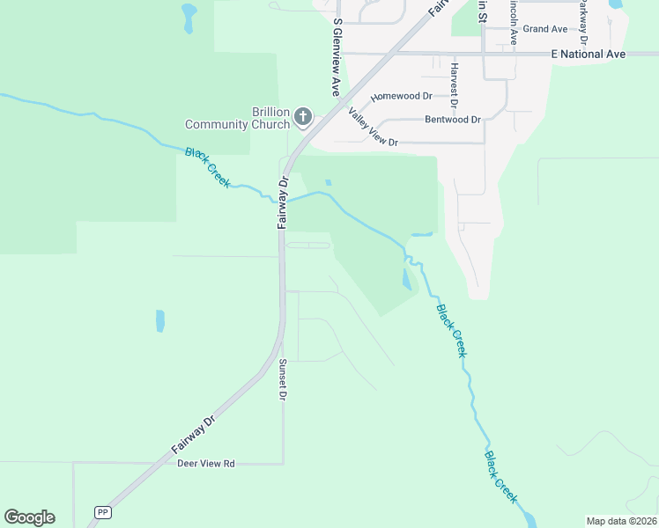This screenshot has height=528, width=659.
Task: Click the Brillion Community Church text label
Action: click(x=237, y=118)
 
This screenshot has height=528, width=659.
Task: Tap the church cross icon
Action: click(x=303, y=116)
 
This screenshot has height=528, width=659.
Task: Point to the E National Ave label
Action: click(x=588, y=55)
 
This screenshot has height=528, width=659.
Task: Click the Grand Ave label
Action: click(x=545, y=29)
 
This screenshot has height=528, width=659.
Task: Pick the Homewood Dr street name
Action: click(x=402, y=97)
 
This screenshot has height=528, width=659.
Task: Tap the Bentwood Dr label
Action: click(x=452, y=120)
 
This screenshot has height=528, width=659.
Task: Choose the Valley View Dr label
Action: click(x=373, y=127)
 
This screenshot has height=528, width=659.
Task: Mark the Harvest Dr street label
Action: click(x=455, y=84)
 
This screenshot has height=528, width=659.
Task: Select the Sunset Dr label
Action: click(x=283, y=380)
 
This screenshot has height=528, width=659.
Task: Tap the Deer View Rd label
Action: click(x=206, y=463)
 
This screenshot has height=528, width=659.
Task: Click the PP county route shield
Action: click(x=103, y=511)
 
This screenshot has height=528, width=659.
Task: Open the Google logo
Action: click(x=29, y=517)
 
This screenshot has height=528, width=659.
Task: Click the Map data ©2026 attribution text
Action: click(x=621, y=520)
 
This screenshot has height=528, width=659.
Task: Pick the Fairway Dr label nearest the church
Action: click(x=284, y=203)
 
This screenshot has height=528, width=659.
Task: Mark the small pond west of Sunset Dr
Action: click(x=159, y=320)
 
